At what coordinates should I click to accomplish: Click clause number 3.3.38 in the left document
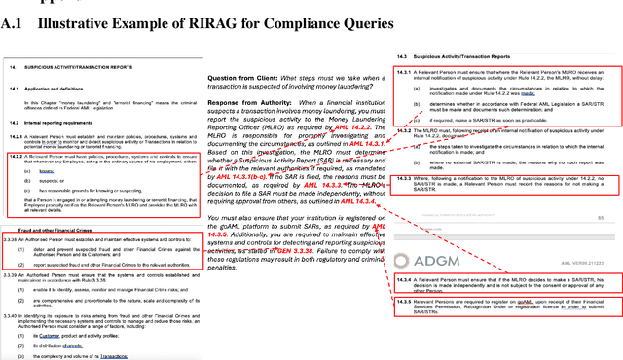click(15, 238)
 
